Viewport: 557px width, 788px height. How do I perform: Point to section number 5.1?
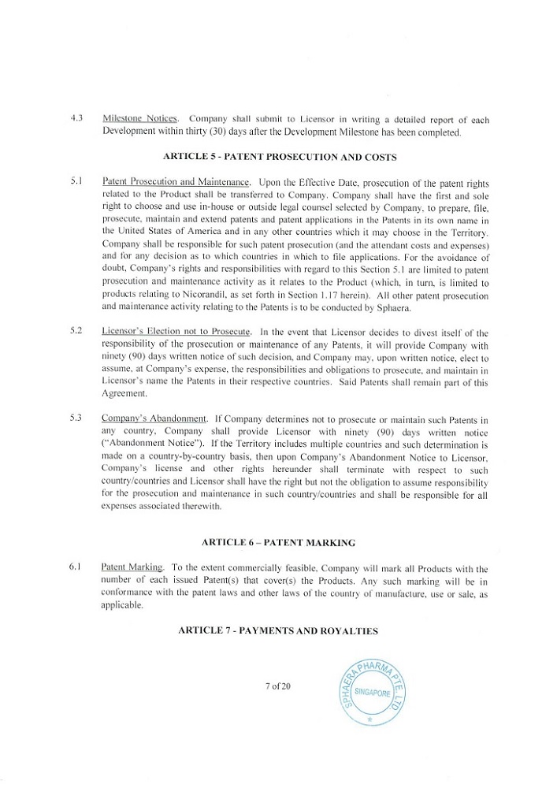tap(76, 181)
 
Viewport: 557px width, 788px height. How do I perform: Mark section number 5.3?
tap(76, 418)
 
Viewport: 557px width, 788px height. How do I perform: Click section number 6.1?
tap(76, 567)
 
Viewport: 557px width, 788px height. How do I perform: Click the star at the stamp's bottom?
tap(369, 720)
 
